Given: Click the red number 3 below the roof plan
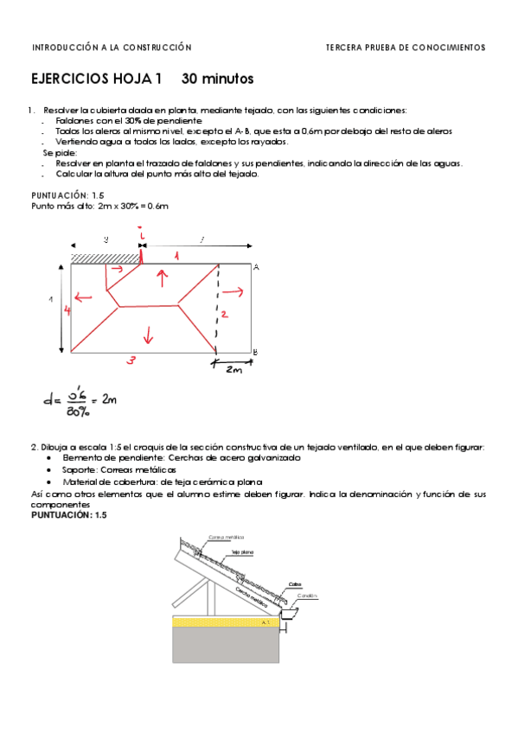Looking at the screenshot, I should (x=130, y=362).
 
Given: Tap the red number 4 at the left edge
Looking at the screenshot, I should (x=67, y=310).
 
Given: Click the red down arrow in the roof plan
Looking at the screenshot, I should (x=148, y=333).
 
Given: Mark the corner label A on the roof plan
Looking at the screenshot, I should (x=256, y=268).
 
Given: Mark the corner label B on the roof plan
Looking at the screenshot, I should (x=254, y=351).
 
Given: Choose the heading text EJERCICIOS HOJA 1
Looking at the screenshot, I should (x=96, y=79).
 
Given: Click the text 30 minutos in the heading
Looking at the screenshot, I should (x=217, y=79).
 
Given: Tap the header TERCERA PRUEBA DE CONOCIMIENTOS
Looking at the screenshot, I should (x=405, y=48).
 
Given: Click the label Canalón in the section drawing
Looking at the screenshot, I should (x=307, y=595).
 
